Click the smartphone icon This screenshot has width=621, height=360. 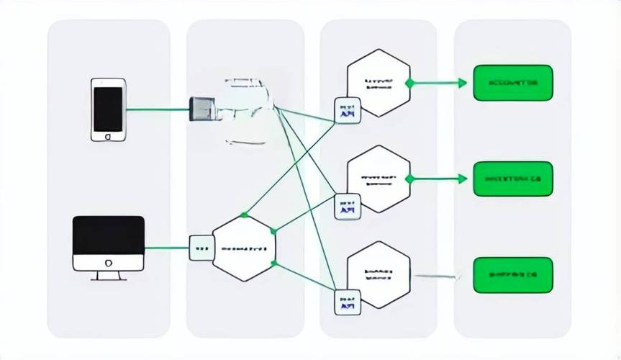pos(108,109)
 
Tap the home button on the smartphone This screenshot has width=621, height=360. pos(108,135)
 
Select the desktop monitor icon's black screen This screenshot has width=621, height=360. pos(109,234)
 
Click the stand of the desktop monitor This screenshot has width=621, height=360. pos(109,274)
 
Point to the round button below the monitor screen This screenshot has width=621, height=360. pos(109,262)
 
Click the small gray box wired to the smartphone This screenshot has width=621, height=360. pos(201,109)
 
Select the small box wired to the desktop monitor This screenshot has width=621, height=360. pos(200,248)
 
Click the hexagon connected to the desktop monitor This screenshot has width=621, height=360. pos(243,248)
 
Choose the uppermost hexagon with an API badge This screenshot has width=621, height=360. pos(379,82)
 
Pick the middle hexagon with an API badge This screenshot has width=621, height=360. pos(379,179)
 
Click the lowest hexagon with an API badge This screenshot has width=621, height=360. pos(379,274)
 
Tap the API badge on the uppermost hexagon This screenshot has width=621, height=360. pos(348,110)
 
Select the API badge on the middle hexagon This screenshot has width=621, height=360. pos(348,207)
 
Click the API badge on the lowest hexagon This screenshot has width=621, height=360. pos(348,302)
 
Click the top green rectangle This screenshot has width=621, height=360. pos(512,83)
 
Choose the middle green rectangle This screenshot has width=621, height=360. pos(512,179)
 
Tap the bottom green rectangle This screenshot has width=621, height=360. pos(512,274)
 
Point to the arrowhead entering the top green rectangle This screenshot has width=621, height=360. pos(462,83)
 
